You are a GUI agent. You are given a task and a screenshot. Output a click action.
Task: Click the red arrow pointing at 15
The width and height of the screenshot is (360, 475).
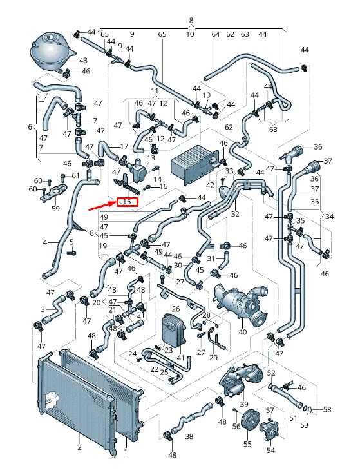(102, 206)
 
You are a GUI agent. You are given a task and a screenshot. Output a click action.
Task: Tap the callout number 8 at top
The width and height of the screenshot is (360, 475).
(191, 21)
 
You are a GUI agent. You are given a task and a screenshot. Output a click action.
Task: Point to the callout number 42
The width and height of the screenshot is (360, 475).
(209, 185)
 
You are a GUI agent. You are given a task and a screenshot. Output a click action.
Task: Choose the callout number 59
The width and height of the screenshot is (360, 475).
(55, 208)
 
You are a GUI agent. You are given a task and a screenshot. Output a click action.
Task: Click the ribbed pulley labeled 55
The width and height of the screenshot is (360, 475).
(250, 419)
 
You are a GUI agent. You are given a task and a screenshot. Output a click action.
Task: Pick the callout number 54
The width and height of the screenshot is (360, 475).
(270, 451)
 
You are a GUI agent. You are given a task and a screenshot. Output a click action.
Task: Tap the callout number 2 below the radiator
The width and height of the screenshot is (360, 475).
(79, 447)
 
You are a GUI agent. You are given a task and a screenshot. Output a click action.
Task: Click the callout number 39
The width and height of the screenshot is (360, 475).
(244, 404)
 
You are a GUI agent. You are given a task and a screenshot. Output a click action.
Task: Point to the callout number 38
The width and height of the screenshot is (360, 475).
(189, 436)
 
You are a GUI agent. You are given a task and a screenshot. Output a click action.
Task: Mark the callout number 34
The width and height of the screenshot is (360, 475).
(330, 217)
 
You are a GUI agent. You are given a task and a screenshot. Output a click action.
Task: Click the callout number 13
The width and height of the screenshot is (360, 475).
(151, 158)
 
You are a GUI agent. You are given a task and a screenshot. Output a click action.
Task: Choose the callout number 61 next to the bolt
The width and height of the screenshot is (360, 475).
(75, 175)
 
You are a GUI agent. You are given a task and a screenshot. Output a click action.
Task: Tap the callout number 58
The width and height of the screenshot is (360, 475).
(327, 409)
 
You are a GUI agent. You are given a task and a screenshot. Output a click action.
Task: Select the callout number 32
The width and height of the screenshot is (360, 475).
(235, 214)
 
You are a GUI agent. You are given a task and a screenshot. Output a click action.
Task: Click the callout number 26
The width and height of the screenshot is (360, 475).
(176, 309)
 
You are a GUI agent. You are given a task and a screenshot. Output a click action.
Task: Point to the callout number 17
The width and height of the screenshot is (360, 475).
(124, 146)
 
